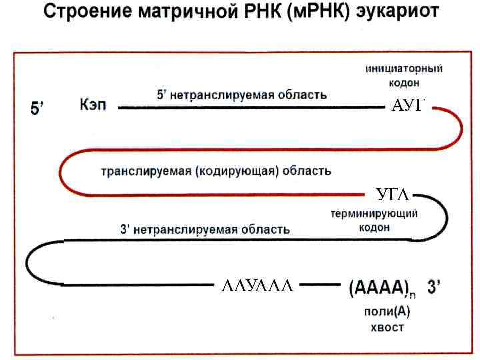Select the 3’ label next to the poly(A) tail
(433, 288)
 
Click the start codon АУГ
(407, 105)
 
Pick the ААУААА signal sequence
(257, 287)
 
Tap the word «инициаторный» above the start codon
(404, 68)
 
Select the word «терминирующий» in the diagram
(374, 214)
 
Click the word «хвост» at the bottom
(387, 327)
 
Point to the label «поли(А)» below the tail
(387, 311)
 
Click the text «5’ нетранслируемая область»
(241, 95)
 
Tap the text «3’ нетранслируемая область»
(205, 229)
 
